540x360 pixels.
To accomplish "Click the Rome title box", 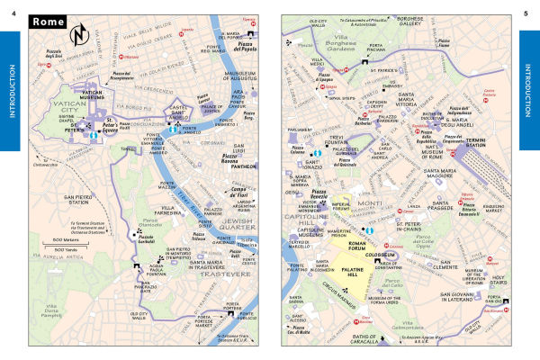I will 52,22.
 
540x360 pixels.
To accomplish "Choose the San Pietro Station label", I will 53,200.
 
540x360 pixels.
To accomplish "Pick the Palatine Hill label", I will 385,281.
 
